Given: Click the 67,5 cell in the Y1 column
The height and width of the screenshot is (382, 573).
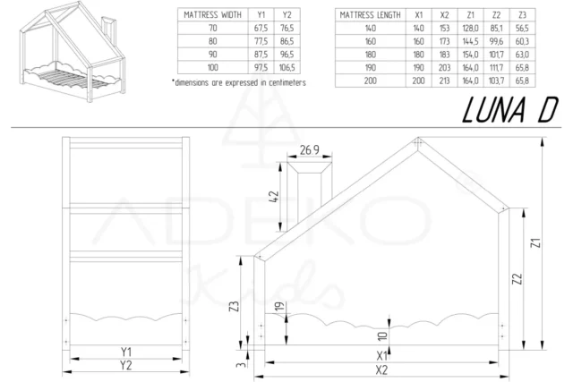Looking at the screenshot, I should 260,29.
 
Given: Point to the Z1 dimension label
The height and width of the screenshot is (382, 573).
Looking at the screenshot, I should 535,244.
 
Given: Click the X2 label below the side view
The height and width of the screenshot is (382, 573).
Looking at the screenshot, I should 381,369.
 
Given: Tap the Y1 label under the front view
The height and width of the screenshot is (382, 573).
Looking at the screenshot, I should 125,352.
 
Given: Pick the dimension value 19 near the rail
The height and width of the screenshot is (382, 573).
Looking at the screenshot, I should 279,308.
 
